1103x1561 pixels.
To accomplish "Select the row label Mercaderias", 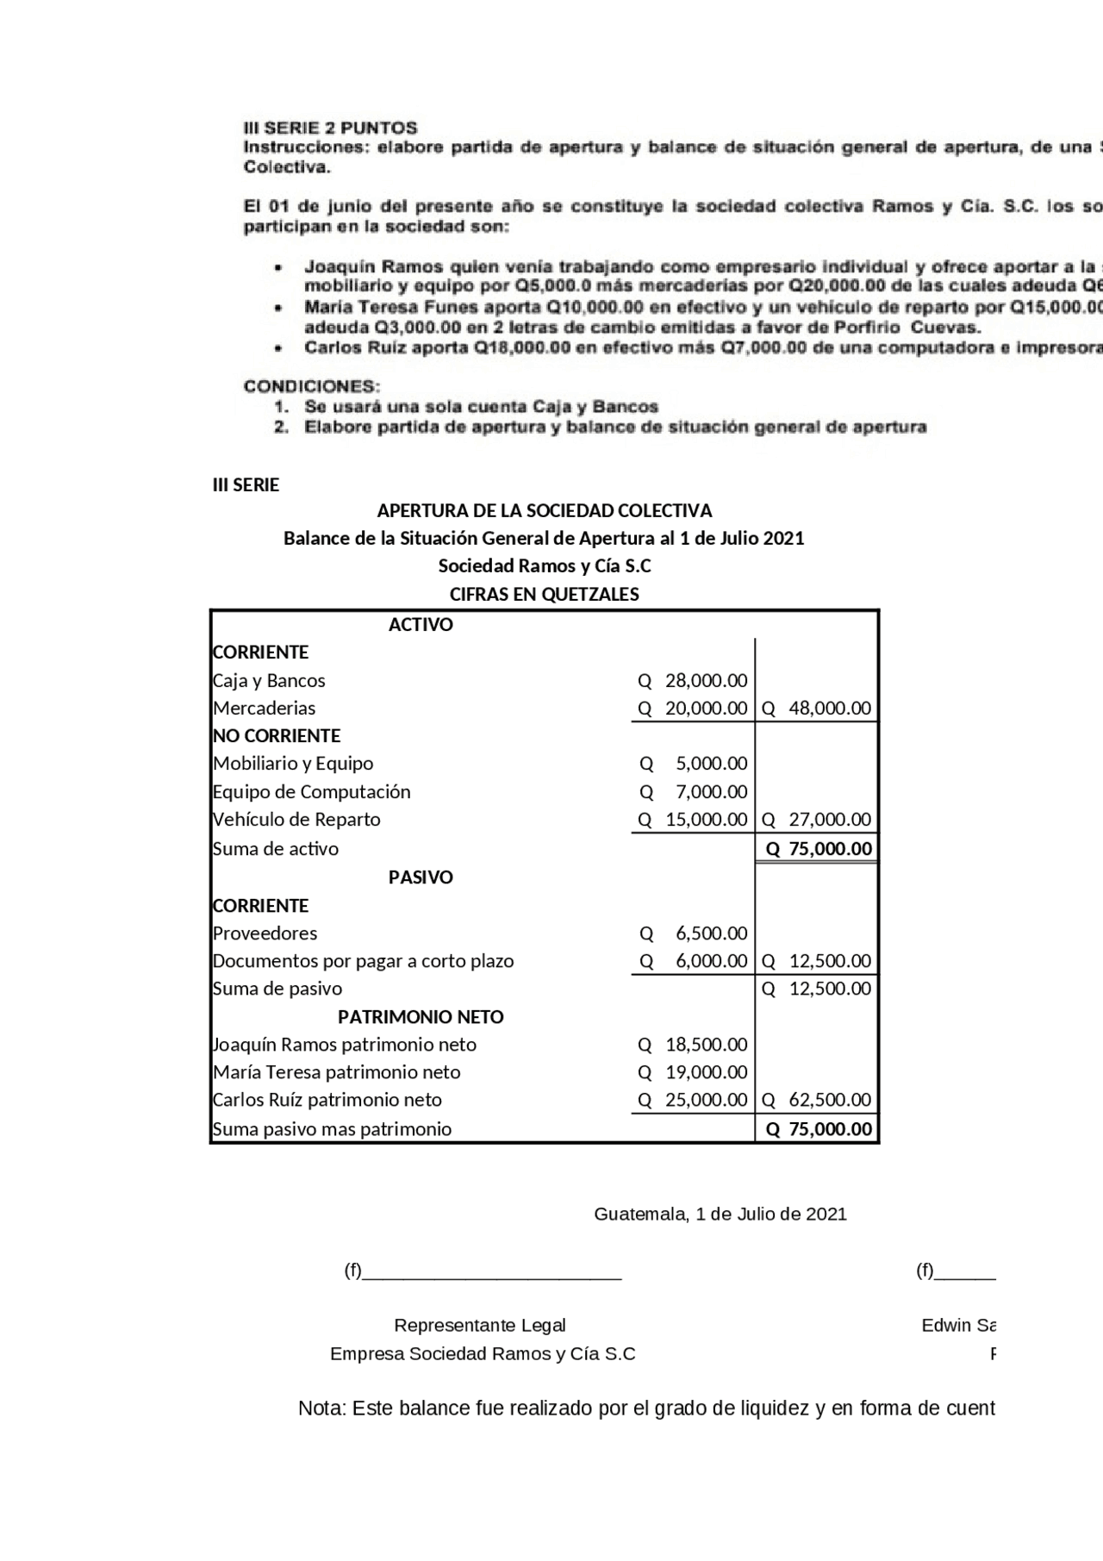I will click(264, 709).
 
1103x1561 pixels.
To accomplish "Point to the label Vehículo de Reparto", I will click(296, 820).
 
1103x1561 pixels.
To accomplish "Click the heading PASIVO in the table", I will click(421, 877).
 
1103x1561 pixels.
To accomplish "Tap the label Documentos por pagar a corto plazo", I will click(363, 961).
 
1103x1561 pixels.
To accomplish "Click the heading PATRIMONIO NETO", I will click(421, 1017).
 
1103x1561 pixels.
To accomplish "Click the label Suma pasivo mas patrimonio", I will click(332, 1129).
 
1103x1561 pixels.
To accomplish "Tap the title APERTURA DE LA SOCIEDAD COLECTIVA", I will click(545, 511).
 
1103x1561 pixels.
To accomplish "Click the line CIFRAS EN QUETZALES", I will click(545, 595).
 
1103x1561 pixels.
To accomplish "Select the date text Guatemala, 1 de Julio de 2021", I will click(720, 1214).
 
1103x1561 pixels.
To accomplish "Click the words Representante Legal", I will click(480, 1326).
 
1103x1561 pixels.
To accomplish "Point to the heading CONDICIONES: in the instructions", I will click(311, 386).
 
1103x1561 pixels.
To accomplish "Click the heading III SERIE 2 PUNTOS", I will click(330, 128).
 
